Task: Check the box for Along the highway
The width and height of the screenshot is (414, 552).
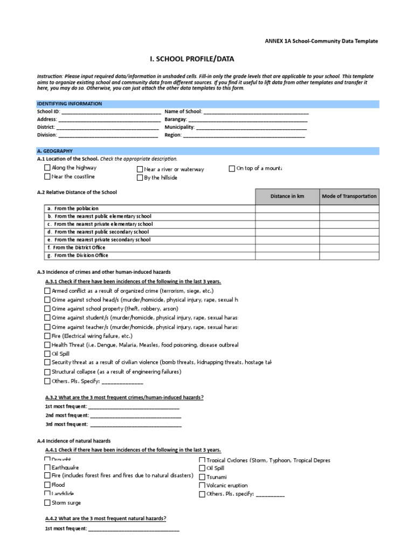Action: [47, 168]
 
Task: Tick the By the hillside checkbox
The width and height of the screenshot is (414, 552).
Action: [140, 177]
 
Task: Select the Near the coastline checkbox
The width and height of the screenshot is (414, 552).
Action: [47, 176]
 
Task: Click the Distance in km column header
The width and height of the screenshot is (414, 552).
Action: [287, 196]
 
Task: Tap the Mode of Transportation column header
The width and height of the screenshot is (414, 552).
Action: [349, 196]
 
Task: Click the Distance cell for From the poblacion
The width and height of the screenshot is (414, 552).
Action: [287, 209]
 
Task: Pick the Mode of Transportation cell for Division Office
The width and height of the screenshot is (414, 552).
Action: [349, 256]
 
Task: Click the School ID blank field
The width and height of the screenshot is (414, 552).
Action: [111, 112]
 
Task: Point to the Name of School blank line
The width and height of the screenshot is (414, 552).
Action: [256, 112]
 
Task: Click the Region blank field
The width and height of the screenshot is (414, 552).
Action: [244, 136]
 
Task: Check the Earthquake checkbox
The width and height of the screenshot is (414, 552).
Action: [47, 467]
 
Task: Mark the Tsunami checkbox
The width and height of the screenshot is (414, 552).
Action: [202, 477]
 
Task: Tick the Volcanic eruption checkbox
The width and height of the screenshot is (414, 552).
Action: [202, 485]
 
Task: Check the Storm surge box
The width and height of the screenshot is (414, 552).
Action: [47, 503]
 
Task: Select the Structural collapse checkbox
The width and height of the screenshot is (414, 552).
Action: [47, 372]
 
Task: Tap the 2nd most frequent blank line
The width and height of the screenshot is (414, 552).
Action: [135, 416]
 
